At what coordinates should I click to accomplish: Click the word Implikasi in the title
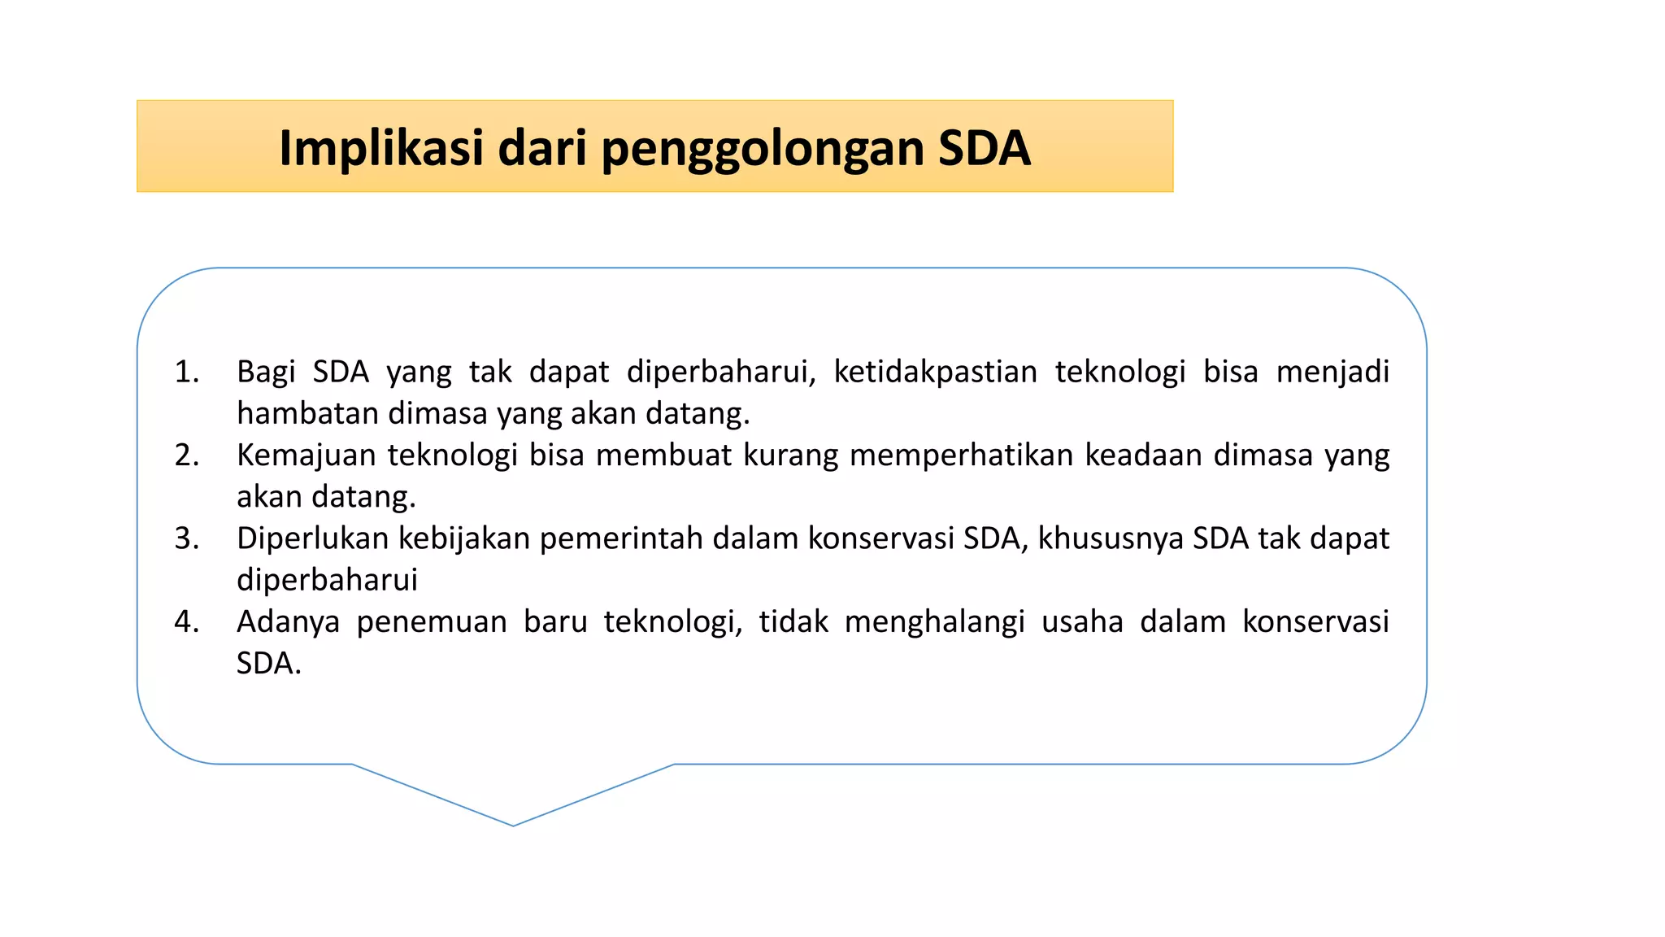(x=380, y=148)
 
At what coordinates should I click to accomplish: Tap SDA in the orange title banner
(x=984, y=148)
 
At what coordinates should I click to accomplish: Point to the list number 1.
(x=187, y=373)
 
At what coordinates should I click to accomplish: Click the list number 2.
(x=187, y=455)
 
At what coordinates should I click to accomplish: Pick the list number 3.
(x=187, y=538)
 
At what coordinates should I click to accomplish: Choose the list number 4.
(x=187, y=622)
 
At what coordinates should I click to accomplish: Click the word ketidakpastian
(x=935, y=372)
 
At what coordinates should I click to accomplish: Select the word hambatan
(x=307, y=414)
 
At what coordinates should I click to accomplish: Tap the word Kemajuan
(x=306, y=455)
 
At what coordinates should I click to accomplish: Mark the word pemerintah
(x=621, y=538)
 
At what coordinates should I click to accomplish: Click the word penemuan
(x=432, y=622)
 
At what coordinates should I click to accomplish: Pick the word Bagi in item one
(x=266, y=373)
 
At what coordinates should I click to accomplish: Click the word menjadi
(x=1332, y=373)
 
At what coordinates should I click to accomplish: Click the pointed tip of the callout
(x=514, y=824)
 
